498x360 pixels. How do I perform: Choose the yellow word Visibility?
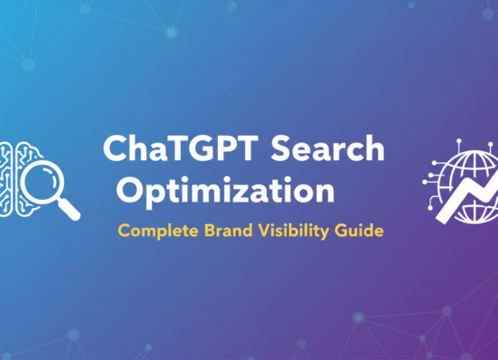(x=296, y=229)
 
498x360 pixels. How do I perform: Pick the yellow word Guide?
(x=361, y=229)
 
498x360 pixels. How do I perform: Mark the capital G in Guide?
(x=345, y=229)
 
